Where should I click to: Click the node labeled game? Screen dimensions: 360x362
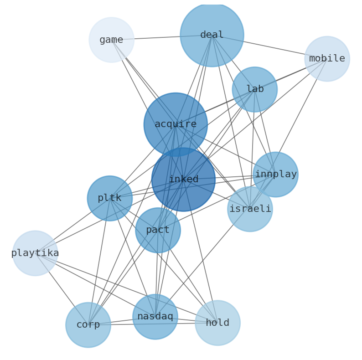pyautogui.click(x=111, y=40)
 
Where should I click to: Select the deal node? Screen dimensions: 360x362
pyautogui.click(x=212, y=35)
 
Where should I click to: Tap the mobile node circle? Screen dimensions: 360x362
pyautogui.click(x=327, y=59)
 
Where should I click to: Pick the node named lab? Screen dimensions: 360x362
pyautogui.click(x=254, y=89)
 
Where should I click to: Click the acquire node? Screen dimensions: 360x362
pyautogui.click(x=176, y=124)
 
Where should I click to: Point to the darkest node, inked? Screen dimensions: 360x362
pyautogui.click(x=183, y=179)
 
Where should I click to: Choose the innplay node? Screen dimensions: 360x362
pyautogui.click(x=275, y=174)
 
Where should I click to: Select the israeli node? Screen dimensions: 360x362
pyautogui.click(x=250, y=209)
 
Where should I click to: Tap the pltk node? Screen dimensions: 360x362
pyautogui.click(x=110, y=198)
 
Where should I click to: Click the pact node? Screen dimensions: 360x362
pyautogui.click(x=158, y=230)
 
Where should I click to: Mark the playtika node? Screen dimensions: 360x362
pyautogui.click(x=35, y=253)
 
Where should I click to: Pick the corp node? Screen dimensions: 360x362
pyautogui.click(x=88, y=324)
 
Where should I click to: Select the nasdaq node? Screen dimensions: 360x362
pyautogui.click(x=155, y=316)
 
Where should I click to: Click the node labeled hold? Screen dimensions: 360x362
pyautogui.click(x=217, y=323)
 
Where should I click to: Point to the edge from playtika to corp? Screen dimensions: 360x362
pyautogui.click(x=62, y=289)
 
